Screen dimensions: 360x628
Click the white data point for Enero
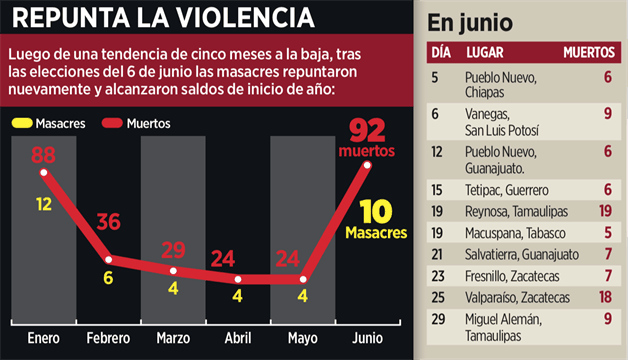point(43,173)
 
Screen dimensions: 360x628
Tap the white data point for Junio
point(368,165)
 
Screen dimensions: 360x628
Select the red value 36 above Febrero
point(109,222)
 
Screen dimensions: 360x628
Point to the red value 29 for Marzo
point(174,249)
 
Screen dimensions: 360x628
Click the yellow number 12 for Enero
point(44,203)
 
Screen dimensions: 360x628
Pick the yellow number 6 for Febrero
point(109,279)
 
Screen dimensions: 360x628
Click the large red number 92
point(368,130)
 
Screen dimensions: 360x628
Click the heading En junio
point(470,22)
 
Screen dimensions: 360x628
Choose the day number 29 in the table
point(438,319)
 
